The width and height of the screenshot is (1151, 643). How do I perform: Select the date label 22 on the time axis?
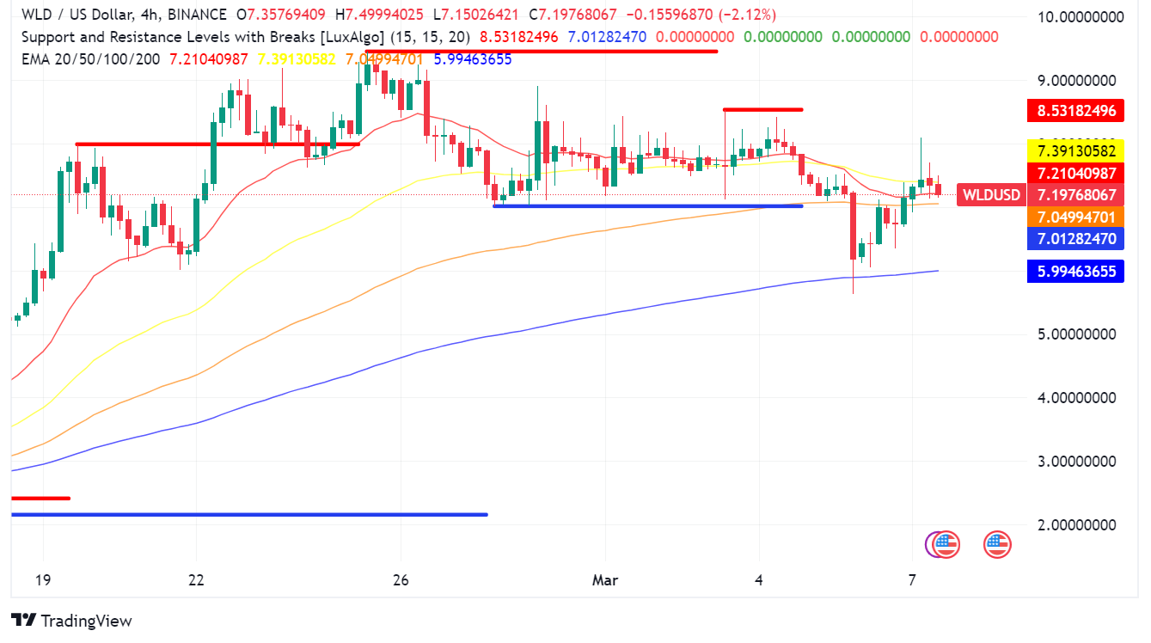point(197,580)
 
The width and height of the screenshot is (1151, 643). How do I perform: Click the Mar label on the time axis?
point(605,580)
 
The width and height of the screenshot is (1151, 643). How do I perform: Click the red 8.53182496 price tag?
point(1075,110)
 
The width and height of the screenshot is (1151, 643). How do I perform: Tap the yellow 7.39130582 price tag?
point(1075,150)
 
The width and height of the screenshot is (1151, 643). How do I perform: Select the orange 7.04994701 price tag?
point(1075,217)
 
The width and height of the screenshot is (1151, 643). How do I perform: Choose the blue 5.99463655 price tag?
point(1075,272)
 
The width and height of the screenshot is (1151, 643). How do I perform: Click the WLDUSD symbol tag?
point(991,195)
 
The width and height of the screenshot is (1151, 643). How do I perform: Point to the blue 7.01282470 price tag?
point(1075,238)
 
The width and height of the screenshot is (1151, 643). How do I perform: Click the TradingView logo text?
point(86,620)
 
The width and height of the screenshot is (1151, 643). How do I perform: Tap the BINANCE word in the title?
point(196,15)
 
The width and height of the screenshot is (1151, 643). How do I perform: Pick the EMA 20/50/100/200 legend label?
point(91,58)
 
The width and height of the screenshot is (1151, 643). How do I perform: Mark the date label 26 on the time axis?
point(399,580)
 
